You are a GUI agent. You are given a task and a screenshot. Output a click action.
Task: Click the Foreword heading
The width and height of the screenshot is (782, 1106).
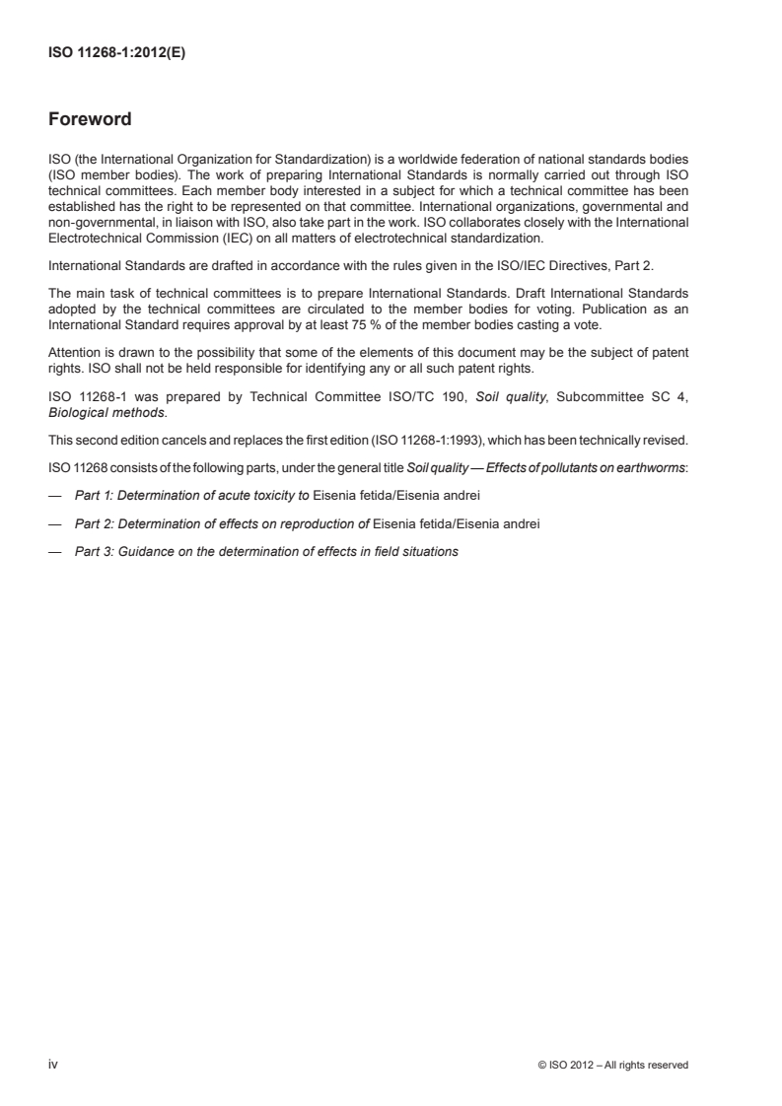click(x=90, y=121)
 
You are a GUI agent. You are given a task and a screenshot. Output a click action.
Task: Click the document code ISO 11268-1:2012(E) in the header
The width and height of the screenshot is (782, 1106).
click(x=117, y=55)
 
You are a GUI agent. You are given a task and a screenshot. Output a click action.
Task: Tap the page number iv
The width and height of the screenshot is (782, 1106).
click(x=53, y=1065)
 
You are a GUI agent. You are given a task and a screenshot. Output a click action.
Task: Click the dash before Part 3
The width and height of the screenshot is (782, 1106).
click(x=55, y=552)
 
